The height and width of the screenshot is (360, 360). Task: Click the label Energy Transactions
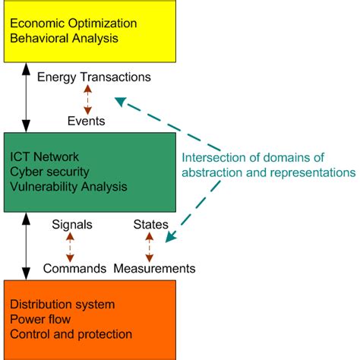tap(94, 77)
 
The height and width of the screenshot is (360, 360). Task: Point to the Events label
tap(86, 121)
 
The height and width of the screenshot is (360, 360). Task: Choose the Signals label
tap(72, 224)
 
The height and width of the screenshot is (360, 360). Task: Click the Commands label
tap(74, 268)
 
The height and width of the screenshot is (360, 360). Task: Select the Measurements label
tap(154, 268)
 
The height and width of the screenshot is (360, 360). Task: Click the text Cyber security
tap(52, 172)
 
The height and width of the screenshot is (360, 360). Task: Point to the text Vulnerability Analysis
tap(69, 185)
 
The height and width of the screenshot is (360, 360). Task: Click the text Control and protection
tap(71, 333)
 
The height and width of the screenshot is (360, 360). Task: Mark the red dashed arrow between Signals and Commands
tap(71, 246)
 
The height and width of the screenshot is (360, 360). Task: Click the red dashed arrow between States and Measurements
tap(149, 246)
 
